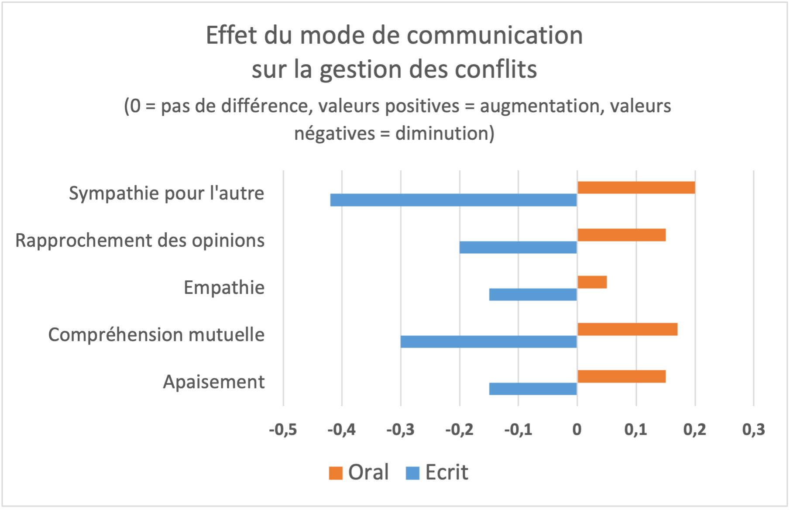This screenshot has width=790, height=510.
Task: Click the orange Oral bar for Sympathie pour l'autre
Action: tap(636, 188)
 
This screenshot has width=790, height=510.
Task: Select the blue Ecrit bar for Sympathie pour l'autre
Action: tap(453, 200)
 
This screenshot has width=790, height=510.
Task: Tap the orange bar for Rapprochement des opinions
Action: tap(622, 235)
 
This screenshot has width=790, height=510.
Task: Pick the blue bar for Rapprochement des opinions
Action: tap(519, 247)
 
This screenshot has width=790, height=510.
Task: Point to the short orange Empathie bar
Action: tap(592, 282)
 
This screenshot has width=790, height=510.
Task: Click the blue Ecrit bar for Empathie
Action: tap(533, 294)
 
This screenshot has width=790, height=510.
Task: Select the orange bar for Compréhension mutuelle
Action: tap(627, 329)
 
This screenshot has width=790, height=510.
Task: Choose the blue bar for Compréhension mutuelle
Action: tap(489, 341)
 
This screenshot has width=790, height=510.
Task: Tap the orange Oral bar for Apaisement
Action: tap(622, 376)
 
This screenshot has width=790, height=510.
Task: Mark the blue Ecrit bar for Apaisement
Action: tap(533, 389)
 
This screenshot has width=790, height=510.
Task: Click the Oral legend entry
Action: tap(359, 472)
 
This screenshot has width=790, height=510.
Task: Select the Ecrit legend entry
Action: tap(437, 472)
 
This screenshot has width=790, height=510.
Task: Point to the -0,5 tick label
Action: tap(283, 430)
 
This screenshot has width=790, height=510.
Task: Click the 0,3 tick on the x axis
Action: tap(754, 430)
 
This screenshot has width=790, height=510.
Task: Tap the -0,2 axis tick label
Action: tap(459, 430)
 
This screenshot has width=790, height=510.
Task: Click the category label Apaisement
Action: tap(214, 382)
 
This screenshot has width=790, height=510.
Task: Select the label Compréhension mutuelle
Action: tap(156, 335)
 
